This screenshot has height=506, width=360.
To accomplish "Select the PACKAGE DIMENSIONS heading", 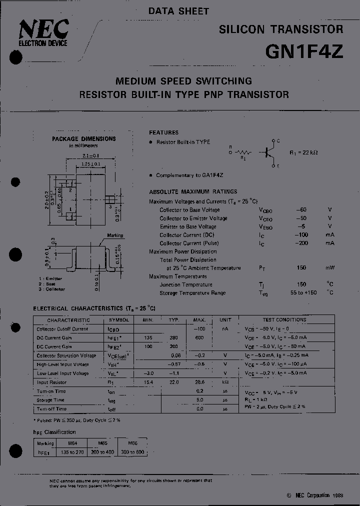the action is [84, 139].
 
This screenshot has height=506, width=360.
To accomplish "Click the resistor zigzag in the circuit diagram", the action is [243, 152].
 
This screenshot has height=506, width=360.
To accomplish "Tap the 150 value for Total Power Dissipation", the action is [301, 268].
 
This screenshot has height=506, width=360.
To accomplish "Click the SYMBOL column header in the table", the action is [118, 320].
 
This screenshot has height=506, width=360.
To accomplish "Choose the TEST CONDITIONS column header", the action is [284, 320].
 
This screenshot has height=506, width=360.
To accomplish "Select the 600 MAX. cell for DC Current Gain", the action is [199, 338].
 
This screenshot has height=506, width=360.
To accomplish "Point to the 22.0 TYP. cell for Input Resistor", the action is [173, 382].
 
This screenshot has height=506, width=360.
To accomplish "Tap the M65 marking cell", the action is [102, 443].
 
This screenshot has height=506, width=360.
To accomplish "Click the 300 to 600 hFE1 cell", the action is [132, 452].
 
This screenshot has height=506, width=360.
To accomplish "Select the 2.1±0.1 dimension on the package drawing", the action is [90, 156].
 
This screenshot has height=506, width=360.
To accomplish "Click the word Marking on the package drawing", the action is [115, 235].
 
